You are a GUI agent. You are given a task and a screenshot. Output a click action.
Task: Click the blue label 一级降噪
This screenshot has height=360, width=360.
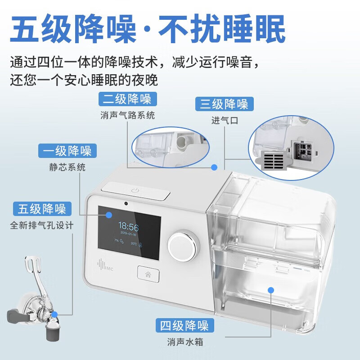67,150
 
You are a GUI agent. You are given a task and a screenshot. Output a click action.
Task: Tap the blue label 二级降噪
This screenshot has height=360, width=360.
127,99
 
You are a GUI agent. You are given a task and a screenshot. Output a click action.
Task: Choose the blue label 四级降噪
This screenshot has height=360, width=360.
184,325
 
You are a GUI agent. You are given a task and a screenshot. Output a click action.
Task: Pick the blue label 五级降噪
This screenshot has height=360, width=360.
42,209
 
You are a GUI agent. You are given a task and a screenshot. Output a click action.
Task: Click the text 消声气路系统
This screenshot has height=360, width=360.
127,115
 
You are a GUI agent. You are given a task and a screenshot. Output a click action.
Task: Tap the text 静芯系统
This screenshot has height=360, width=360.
67,167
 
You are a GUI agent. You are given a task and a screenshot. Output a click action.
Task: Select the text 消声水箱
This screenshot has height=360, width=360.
184,342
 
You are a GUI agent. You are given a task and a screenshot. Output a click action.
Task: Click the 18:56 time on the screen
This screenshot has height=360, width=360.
128,226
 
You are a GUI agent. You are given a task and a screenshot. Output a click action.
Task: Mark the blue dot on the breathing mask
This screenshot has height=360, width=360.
54,315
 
